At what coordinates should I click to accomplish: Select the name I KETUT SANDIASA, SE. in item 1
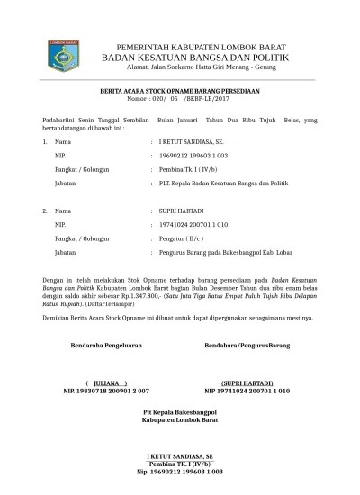pyautogui.click(x=190, y=142)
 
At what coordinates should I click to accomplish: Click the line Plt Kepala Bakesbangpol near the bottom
pyautogui.click(x=180, y=412)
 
